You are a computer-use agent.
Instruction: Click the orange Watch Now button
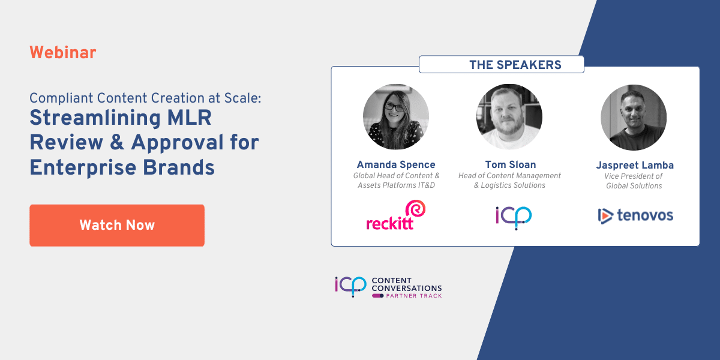click(117, 226)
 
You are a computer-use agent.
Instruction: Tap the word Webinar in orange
click(63, 53)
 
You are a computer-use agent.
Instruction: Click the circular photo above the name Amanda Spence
click(396, 117)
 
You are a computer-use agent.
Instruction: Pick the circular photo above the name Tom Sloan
click(509, 117)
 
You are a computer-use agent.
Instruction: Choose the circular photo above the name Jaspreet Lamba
click(634, 117)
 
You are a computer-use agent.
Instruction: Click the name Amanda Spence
click(396, 164)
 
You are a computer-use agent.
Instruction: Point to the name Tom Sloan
click(509, 164)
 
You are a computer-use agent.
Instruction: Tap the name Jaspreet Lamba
click(634, 164)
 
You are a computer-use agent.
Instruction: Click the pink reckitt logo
click(396, 216)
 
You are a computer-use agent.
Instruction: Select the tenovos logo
click(636, 215)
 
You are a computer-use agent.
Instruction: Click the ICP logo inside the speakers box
click(514, 216)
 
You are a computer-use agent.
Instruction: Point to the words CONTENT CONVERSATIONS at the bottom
click(407, 284)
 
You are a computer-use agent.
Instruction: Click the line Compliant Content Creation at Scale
click(146, 98)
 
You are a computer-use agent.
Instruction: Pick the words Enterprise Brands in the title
click(122, 167)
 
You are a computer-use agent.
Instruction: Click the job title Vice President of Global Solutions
click(634, 181)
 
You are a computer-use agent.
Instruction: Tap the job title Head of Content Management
click(509, 176)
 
